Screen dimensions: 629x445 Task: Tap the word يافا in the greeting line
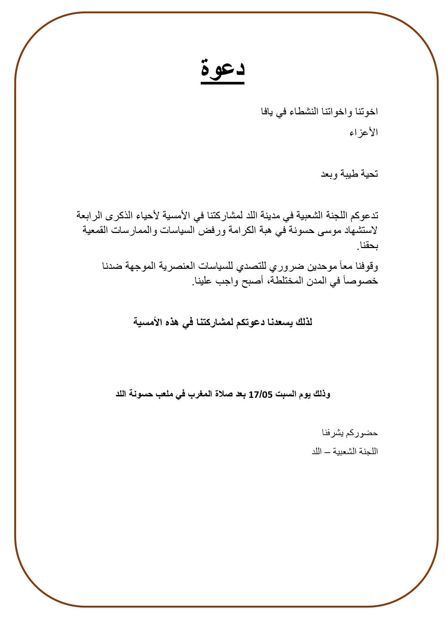pyautogui.click(x=267, y=112)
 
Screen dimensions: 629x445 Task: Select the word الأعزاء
pyautogui.click(x=364, y=133)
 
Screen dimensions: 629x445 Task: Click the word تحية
pyautogui.click(x=369, y=174)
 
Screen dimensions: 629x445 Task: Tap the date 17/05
pyautogui.click(x=261, y=395)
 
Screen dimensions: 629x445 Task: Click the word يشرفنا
pyautogui.click(x=333, y=433)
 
